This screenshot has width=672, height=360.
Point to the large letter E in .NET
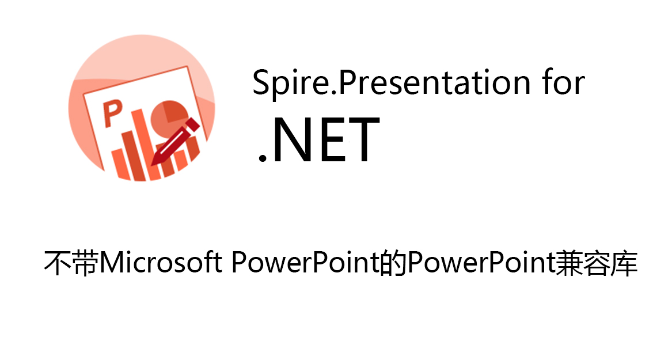coord(337,140)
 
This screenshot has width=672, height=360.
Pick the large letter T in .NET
coord(363,140)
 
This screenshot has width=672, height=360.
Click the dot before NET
coord(262,158)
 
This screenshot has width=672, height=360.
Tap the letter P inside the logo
coord(112,113)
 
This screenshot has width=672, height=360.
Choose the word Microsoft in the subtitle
coord(161,262)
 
